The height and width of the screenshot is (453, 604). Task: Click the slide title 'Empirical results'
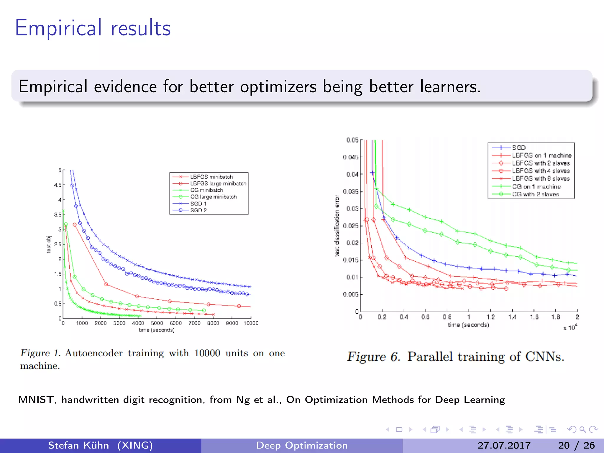tap(93, 28)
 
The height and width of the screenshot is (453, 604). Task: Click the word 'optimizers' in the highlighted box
tap(278, 87)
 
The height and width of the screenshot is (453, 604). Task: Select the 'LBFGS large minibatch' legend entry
tap(218, 183)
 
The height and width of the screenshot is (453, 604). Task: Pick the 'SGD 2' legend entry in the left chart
tap(198, 210)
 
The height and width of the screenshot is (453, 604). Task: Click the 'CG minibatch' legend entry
tap(206, 190)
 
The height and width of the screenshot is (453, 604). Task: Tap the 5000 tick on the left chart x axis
tap(157, 323)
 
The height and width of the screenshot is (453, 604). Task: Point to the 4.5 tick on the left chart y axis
tap(58, 185)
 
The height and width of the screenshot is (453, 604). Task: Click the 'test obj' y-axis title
tap(49, 244)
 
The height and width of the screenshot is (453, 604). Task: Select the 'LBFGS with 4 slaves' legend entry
tap(541, 171)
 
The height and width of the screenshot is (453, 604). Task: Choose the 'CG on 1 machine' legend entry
tap(536, 187)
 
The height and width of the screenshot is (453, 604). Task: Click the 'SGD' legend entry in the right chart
tap(519, 147)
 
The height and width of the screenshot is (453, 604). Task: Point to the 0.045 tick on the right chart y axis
tap(351, 157)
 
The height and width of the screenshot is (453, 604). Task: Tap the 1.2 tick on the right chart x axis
tap(490, 317)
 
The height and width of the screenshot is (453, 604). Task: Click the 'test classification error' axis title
tap(337, 226)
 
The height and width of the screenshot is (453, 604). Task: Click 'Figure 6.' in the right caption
tap(373, 357)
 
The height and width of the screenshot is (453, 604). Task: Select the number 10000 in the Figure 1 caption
tap(207, 353)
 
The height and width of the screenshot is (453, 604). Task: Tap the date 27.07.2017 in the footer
tap(504, 445)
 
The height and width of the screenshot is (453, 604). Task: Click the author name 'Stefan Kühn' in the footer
tap(78, 445)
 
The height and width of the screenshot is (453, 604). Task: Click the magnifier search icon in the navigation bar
tap(582, 429)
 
